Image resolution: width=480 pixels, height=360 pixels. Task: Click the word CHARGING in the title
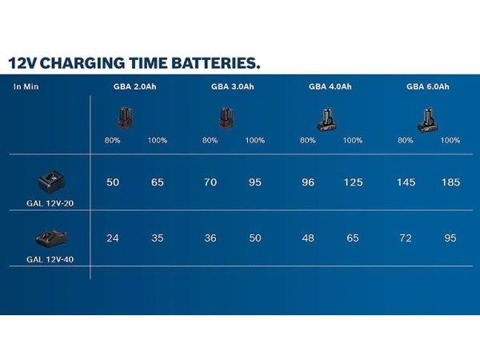(82, 63)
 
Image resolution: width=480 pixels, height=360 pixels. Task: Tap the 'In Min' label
(26, 86)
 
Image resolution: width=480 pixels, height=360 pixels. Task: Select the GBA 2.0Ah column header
(134, 86)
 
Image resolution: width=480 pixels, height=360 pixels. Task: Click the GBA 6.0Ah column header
(428, 86)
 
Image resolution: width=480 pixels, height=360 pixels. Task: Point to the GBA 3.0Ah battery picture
(226, 118)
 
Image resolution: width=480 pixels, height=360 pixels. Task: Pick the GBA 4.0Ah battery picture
(326, 120)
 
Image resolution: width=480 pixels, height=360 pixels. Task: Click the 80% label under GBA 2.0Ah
(112, 141)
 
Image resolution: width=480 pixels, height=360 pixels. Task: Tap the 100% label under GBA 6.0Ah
(450, 141)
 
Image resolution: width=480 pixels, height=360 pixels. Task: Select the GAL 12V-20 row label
(50, 203)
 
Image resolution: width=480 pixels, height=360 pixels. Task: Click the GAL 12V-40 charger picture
(51, 238)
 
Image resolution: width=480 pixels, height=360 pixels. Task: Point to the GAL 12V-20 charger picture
(51, 182)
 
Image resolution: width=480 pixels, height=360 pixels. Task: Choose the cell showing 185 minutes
(450, 182)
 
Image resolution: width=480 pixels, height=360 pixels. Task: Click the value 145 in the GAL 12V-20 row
(406, 182)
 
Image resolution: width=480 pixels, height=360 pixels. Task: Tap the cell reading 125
(353, 182)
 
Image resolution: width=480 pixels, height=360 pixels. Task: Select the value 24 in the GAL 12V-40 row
(113, 238)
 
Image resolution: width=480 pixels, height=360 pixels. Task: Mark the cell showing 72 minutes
(406, 238)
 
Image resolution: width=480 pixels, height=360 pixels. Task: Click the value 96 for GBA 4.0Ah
(308, 182)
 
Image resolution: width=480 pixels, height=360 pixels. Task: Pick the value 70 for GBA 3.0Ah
(210, 182)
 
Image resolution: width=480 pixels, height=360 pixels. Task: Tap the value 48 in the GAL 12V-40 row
(308, 238)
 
